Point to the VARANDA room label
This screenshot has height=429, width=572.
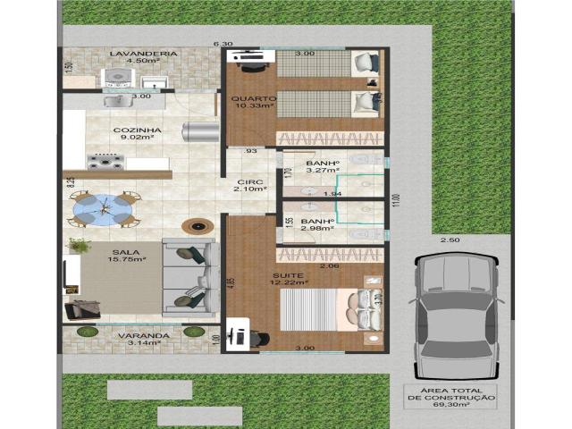pos(143,338)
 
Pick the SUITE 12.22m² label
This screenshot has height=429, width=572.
pos(289,278)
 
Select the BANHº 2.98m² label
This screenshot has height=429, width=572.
pos(317,225)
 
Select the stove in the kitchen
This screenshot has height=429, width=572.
pos(105,161)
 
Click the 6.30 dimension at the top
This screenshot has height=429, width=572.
pos(222,44)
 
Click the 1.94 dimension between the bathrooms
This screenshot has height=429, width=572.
pos(332,193)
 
